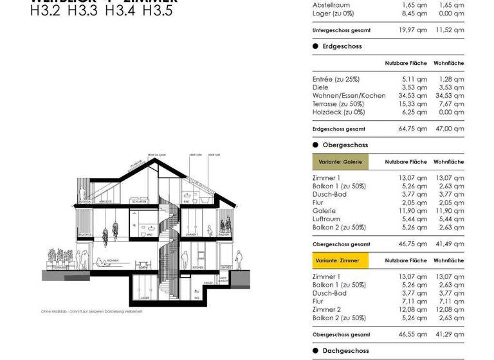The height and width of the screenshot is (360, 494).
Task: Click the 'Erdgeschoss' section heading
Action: [342, 46]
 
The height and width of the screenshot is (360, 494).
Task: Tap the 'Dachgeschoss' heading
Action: [345, 351]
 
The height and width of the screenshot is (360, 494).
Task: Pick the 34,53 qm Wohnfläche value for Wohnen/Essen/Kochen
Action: [450, 96]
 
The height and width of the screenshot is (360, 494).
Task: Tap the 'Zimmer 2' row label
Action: [327, 310]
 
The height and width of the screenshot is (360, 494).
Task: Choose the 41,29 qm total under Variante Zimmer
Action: [450, 335]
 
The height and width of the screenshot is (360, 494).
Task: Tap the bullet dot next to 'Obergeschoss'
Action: [316, 145]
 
